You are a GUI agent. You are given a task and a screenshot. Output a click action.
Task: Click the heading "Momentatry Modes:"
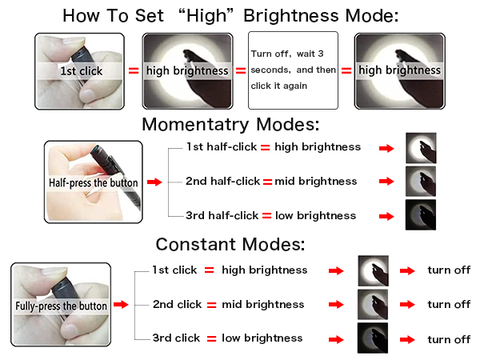(230, 126)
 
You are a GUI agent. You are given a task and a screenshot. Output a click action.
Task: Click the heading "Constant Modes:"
(230, 245)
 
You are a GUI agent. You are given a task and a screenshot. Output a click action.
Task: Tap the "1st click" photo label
(80, 70)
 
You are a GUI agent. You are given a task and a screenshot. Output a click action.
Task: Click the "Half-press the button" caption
(93, 182)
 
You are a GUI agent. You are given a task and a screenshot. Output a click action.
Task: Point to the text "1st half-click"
(222, 147)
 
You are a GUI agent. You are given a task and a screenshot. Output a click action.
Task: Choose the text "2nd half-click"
(222, 182)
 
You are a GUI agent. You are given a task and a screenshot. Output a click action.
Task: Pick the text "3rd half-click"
(222, 216)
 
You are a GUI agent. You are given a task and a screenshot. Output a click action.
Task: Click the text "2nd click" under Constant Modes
(178, 304)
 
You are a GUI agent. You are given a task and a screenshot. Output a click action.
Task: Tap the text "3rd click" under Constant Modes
(177, 338)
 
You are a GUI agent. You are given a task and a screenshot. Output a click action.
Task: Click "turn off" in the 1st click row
(449, 270)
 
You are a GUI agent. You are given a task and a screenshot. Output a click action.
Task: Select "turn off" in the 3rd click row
(449, 339)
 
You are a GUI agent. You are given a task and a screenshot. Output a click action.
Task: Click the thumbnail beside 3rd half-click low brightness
(421, 216)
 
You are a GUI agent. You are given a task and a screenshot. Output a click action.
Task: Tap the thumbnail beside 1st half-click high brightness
(421, 148)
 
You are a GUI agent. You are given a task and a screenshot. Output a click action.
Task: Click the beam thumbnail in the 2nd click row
(373, 305)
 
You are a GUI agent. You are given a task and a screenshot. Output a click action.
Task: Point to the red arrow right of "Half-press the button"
(154, 182)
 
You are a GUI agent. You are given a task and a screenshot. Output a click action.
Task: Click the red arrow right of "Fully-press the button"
(121, 305)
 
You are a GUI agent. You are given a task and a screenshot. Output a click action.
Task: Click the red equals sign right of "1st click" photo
(134, 70)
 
